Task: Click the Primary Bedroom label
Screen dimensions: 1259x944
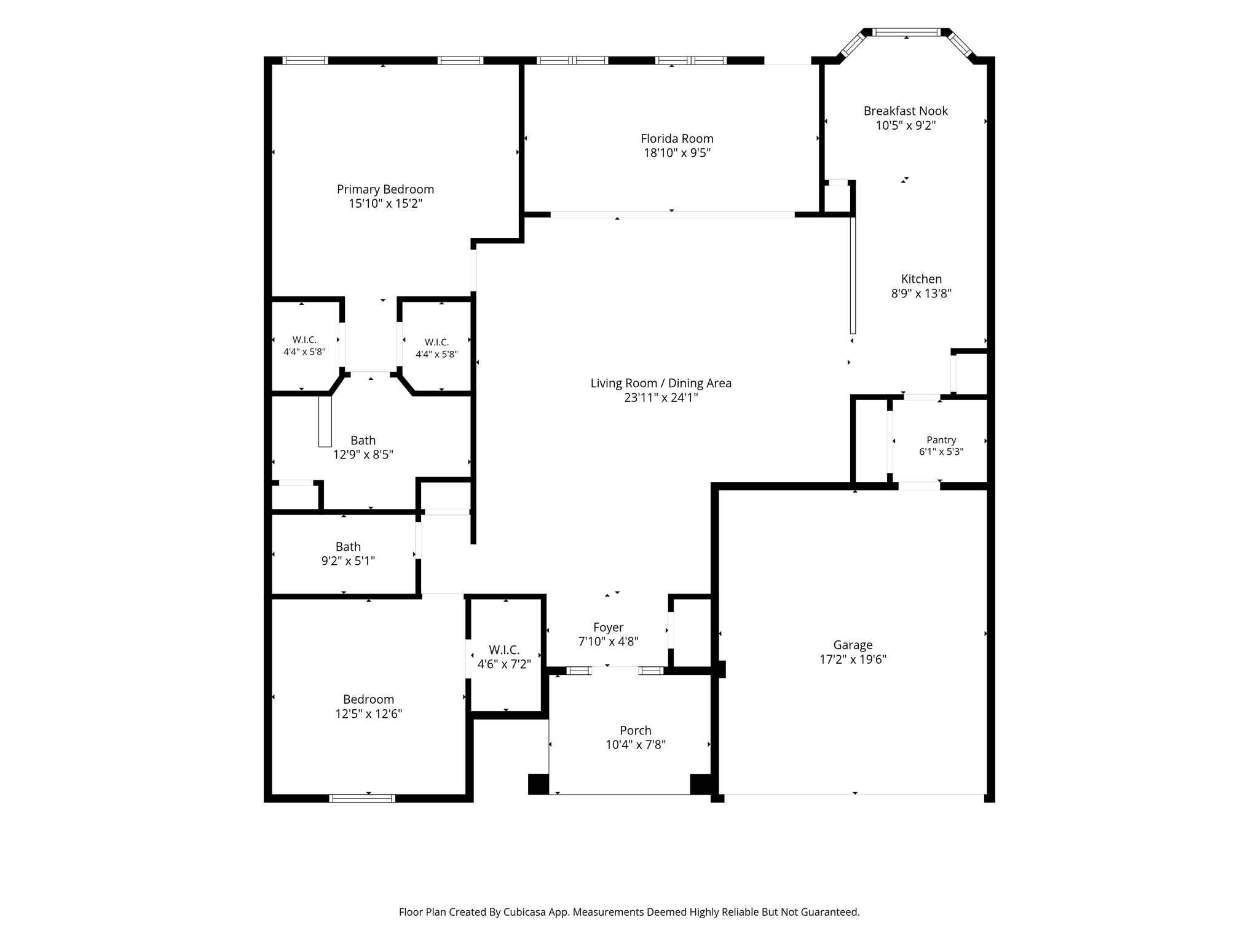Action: (385, 189)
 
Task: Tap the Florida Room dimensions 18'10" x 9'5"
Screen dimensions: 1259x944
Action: (677, 153)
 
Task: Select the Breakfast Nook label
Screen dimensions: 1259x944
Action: (906, 111)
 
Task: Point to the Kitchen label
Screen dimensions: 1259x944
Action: (922, 279)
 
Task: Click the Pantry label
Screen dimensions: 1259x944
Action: (941, 440)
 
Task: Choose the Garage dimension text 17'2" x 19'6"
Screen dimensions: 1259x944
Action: (853, 660)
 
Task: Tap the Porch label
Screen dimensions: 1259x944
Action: (635, 731)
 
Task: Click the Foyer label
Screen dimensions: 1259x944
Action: (608, 627)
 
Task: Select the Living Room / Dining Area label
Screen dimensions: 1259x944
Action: (661, 383)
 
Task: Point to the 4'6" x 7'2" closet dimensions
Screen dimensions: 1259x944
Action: (504, 664)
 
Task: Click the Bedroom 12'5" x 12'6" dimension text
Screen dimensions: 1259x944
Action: (368, 714)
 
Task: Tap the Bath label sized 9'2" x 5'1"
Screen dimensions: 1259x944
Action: (348, 547)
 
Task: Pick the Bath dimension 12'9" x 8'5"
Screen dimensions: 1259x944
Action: (363, 455)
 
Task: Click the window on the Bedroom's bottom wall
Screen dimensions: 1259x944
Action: (362, 798)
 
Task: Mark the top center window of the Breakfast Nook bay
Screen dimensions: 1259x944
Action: (907, 32)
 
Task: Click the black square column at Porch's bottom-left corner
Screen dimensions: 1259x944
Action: (539, 784)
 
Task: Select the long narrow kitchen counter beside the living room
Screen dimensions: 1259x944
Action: (853, 275)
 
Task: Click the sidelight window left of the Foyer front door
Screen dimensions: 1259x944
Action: (578, 671)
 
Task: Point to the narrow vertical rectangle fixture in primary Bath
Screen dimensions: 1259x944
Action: (325, 421)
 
